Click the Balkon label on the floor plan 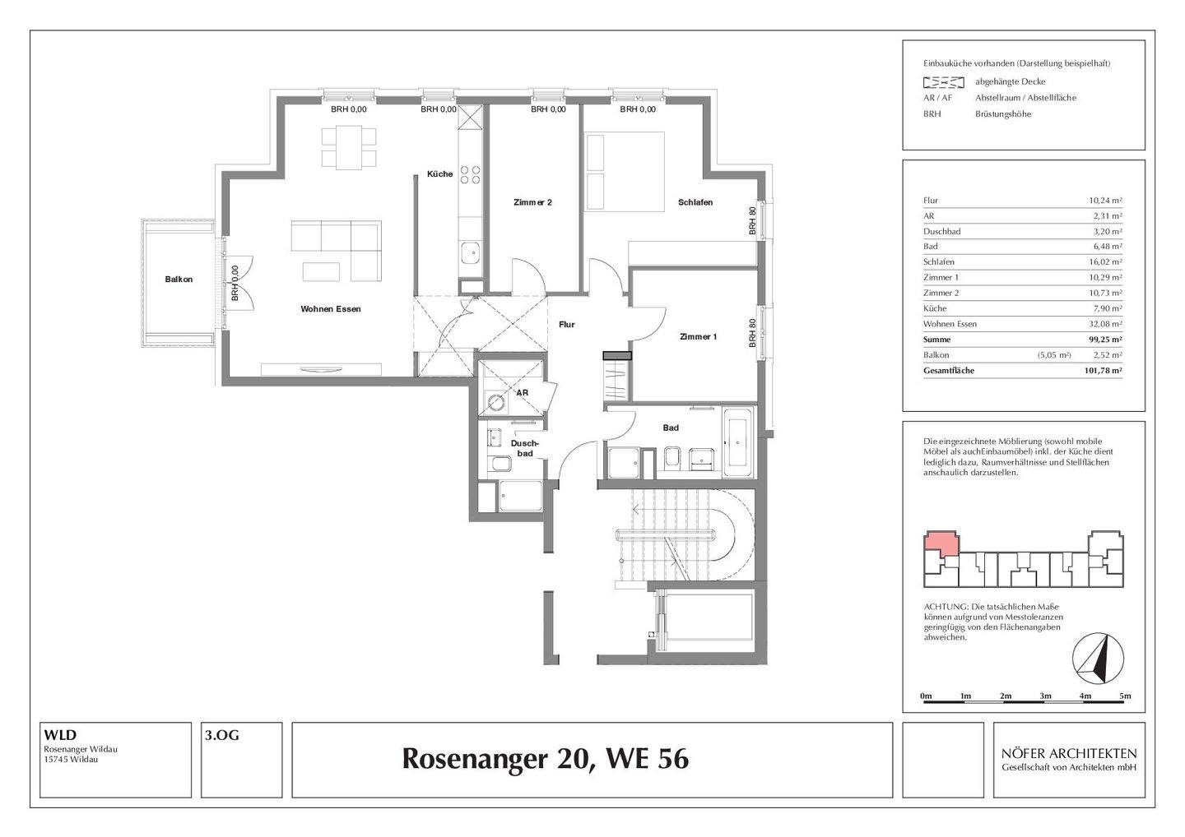(179, 280)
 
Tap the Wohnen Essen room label (330, 309)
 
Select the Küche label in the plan (439, 173)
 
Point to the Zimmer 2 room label (532, 202)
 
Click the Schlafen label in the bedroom (695, 202)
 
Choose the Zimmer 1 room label (698, 336)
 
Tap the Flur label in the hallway (566, 325)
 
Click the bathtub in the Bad (737, 442)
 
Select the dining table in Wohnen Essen (349, 147)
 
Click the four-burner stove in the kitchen (470, 174)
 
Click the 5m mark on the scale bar (1125, 696)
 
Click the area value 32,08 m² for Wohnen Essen (1105, 324)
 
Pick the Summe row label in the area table (936, 340)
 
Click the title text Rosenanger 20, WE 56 (545, 759)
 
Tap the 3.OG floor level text (222, 736)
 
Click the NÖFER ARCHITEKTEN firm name (1068, 753)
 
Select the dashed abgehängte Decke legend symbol (943, 81)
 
